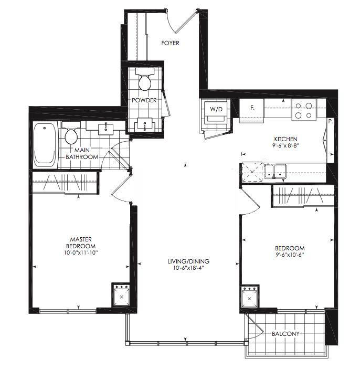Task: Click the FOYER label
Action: point(170,43)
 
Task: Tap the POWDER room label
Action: point(144,100)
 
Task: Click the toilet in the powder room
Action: point(145,79)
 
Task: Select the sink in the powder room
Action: point(145,124)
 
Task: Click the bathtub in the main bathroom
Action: point(46,145)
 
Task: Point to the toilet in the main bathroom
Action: point(71,132)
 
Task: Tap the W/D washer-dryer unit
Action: point(216,112)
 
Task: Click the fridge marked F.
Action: point(251,110)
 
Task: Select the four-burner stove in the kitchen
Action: point(304,110)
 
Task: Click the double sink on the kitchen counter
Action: point(275,171)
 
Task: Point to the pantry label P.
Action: point(331,122)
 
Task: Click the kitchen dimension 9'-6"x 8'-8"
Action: point(285,145)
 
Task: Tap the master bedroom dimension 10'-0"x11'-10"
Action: point(81,253)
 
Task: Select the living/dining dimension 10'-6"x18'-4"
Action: point(188,268)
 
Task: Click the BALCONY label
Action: point(285,334)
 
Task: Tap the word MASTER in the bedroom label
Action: point(81,239)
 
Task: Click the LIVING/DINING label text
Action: point(188,261)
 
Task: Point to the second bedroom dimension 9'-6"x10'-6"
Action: point(290,255)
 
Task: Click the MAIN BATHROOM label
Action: point(82,153)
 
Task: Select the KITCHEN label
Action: point(285,139)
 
